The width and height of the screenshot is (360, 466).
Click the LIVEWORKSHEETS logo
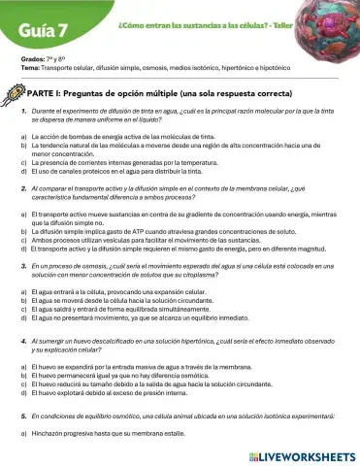pos(302,454)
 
